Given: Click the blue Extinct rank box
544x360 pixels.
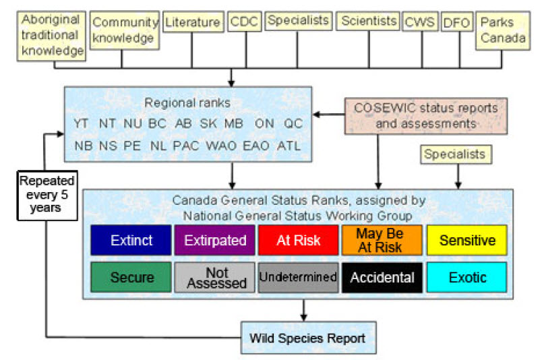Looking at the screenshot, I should tap(132, 240).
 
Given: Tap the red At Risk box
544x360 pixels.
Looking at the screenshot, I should tap(299, 240).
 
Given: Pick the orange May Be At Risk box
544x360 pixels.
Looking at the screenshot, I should tap(382, 240).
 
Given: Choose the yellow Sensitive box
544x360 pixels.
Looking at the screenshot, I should tap(466, 240).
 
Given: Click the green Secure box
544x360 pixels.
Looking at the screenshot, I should tap(132, 277).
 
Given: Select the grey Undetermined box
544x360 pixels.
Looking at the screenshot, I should tap(299, 277).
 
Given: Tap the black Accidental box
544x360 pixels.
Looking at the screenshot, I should tap(382, 277).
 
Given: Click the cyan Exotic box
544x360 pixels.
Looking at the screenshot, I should tap(466, 277).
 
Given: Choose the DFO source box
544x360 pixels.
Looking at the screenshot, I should tap(456, 23).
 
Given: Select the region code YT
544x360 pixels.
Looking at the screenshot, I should tap(83, 124).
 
